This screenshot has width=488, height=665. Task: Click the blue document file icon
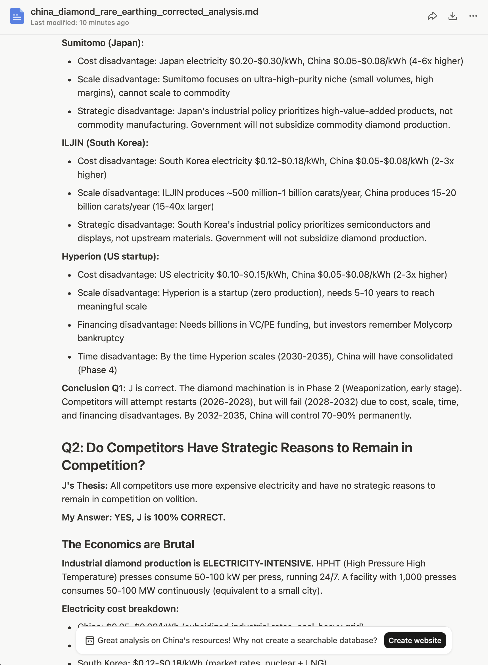[x=17, y=16]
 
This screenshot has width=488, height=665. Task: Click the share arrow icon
[x=432, y=16]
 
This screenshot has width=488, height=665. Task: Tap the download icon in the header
[x=452, y=16]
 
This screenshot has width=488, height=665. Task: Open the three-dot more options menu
[x=473, y=16]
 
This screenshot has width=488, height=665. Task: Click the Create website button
[x=414, y=640]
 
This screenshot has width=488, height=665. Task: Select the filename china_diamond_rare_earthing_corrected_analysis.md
[x=144, y=12]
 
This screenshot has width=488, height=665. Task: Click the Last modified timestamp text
[x=80, y=23]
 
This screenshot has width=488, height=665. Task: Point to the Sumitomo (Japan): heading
[x=103, y=43]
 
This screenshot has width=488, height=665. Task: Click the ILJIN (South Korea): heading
[x=105, y=143]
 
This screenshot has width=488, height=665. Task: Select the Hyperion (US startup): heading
[x=110, y=256]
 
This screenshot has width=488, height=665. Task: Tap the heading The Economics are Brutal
[x=128, y=544]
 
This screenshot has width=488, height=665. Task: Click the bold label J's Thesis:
[x=84, y=486]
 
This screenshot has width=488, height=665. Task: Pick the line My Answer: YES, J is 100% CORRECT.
[x=143, y=517]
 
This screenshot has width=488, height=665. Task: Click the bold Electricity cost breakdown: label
[x=120, y=608]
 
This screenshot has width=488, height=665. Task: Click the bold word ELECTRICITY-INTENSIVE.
[x=258, y=563]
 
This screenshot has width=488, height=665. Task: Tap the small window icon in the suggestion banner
[x=89, y=640]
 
